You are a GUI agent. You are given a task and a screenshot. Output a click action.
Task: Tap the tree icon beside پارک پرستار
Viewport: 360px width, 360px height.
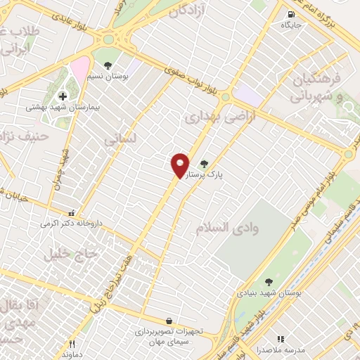pos(205,164)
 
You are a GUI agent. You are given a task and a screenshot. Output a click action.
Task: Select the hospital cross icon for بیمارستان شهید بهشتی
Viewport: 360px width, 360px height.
pos(63,96)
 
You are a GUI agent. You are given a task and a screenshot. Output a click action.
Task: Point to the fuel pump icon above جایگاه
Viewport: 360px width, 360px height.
pos(291,14)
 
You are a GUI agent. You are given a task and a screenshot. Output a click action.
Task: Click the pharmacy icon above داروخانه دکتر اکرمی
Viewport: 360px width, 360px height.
pos(70,214)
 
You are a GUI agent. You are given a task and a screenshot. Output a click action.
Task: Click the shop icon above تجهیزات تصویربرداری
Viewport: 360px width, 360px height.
pos(169,320)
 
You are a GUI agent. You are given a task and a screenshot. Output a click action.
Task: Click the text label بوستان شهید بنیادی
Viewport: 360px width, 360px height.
pos(264,292)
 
